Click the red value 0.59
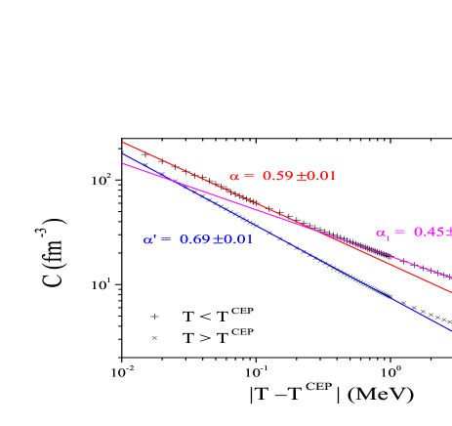277,177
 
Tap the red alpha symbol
234,177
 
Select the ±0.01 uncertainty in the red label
315,177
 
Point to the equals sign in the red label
249,177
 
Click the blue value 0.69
194,239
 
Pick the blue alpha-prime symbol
149,239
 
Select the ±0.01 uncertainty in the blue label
232,239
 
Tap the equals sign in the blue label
166,239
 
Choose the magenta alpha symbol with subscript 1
382,234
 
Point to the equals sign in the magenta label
399,233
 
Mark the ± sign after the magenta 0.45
447,233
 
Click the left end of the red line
122,142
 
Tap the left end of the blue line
122,153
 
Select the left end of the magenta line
122,163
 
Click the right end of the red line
451,291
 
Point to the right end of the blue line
451,330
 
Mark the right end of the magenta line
451,278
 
